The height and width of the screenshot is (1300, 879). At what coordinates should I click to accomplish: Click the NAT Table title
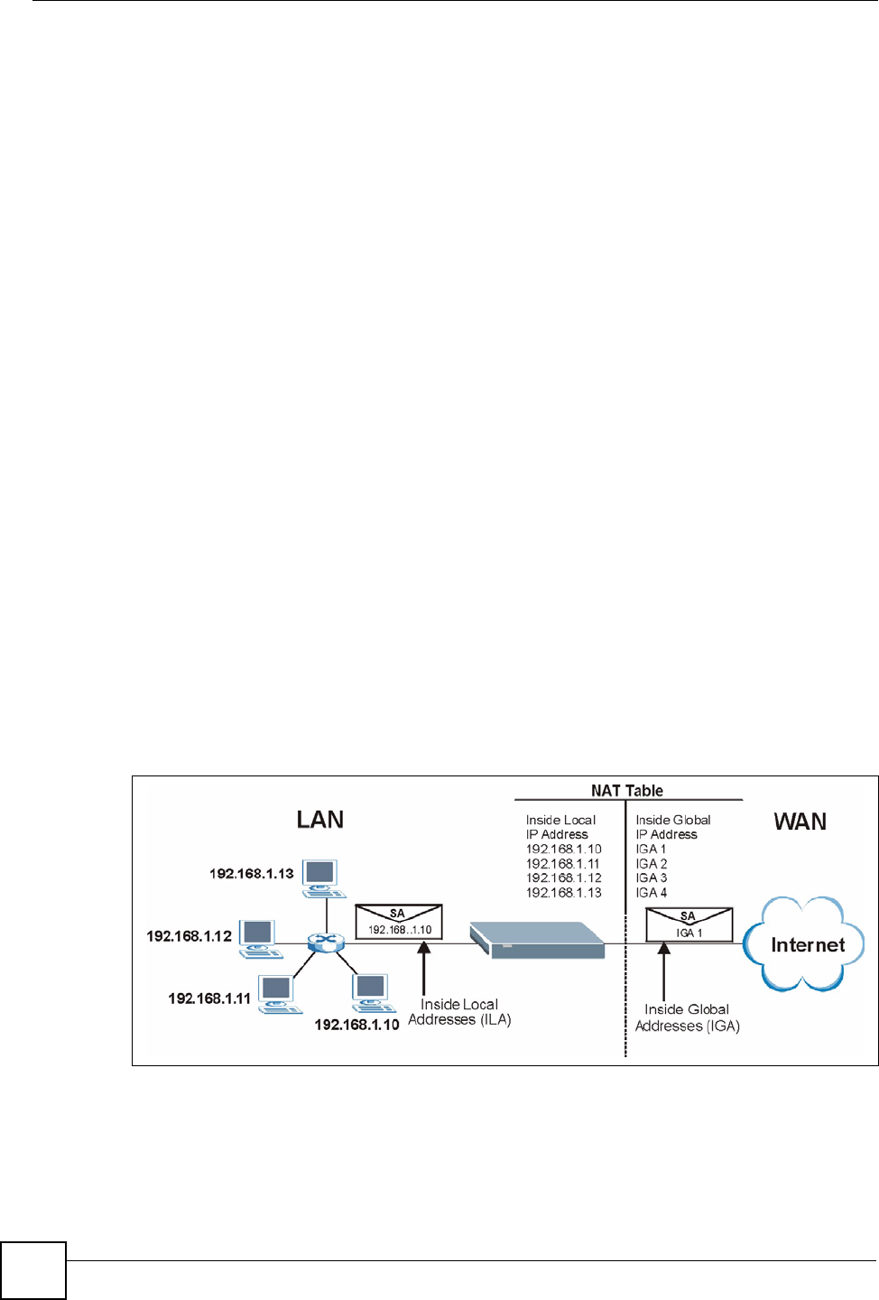click(627, 791)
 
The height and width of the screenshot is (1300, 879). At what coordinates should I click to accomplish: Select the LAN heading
click(320, 820)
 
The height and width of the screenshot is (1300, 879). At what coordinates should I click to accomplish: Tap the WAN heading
click(800, 822)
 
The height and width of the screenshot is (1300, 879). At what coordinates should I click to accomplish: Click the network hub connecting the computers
click(326, 942)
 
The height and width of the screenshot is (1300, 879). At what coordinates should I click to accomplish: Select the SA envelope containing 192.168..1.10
click(398, 922)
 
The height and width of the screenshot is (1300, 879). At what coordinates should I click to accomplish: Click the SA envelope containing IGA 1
click(689, 924)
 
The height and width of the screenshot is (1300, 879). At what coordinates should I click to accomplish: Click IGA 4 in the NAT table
click(651, 893)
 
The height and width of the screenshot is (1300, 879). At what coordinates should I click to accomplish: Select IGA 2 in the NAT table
click(651, 864)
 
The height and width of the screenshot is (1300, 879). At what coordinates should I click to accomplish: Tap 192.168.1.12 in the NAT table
click(563, 878)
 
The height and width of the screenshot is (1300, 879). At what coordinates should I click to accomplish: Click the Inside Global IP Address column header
click(672, 827)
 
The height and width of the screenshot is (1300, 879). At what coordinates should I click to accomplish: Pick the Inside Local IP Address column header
click(560, 827)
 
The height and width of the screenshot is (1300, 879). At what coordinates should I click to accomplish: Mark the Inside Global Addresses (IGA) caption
click(687, 1017)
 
